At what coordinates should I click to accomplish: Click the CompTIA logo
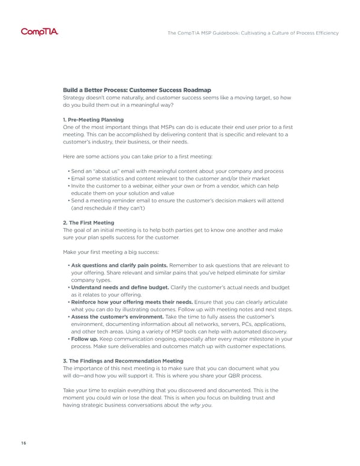(40, 32)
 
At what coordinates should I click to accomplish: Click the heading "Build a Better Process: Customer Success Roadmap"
(137, 89)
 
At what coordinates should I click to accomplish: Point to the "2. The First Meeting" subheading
(88, 222)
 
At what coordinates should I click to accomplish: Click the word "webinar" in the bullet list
(145, 186)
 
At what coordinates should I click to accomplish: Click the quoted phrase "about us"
(108, 171)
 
